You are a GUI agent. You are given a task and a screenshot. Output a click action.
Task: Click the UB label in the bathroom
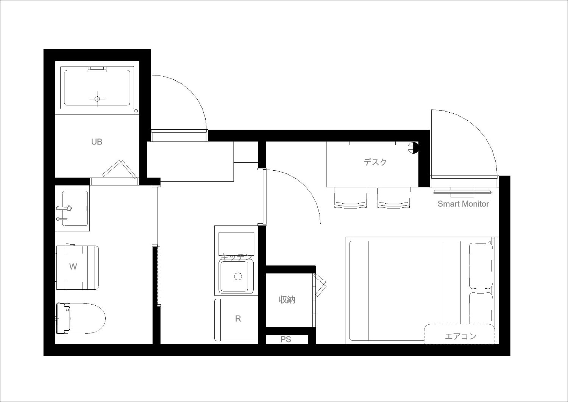(x=97, y=142)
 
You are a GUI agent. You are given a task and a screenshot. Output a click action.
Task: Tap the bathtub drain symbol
(x=97, y=99)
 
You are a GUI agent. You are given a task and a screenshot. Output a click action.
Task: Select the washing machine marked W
(x=77, y=267)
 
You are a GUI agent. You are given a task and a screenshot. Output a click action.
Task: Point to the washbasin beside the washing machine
(x=75, y=208)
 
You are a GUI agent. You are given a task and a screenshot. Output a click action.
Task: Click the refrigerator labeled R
(x=236, y=320)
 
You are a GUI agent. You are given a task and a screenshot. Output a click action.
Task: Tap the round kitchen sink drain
(x=238, y=276)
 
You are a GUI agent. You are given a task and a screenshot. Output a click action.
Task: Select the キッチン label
(x=237, y=257)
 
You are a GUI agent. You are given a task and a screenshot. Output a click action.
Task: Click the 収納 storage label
(x=287, y=300)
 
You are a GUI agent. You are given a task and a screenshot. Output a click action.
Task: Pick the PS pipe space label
(x=286, y=339)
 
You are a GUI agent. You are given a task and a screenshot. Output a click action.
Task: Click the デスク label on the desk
(x=375, y=162)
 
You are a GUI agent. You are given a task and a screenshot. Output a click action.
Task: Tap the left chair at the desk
(x=351, y=198)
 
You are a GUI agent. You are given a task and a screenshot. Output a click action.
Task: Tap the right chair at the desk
(x=393, y=198)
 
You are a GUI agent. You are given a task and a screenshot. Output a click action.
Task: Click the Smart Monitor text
(x=463, y=204)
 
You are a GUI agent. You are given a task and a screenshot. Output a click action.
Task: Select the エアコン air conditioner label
(x=461, y=336)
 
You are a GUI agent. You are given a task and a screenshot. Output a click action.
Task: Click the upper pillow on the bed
(x=481, y=265)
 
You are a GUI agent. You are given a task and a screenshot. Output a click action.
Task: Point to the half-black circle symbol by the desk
(x=413, y=148)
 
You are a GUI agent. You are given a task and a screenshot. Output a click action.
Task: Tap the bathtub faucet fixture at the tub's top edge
(x=97, y=69)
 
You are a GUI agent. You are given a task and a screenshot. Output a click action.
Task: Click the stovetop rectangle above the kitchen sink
(x=236, y=243)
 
